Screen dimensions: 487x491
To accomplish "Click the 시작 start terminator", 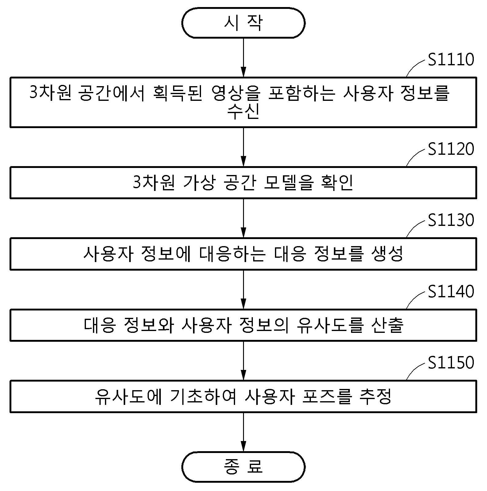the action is (243, 23).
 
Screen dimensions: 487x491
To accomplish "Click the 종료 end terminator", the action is (243, 467).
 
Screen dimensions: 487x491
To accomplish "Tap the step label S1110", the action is (451, 59).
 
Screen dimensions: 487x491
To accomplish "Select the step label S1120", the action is (451, 149).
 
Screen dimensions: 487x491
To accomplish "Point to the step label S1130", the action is (451, 220).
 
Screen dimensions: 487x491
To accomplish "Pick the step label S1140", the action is (451, 291).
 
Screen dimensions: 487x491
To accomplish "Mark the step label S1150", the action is (451, 363).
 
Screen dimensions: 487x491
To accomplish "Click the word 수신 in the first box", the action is (243, 111).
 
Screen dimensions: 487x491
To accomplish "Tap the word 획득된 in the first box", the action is (178, 93).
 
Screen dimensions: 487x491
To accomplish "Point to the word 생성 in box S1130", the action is (387, 254).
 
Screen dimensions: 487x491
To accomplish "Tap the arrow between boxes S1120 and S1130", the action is (243, 218).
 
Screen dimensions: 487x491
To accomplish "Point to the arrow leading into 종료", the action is (243, 432).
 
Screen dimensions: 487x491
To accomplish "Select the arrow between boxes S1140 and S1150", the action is (243, 361).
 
